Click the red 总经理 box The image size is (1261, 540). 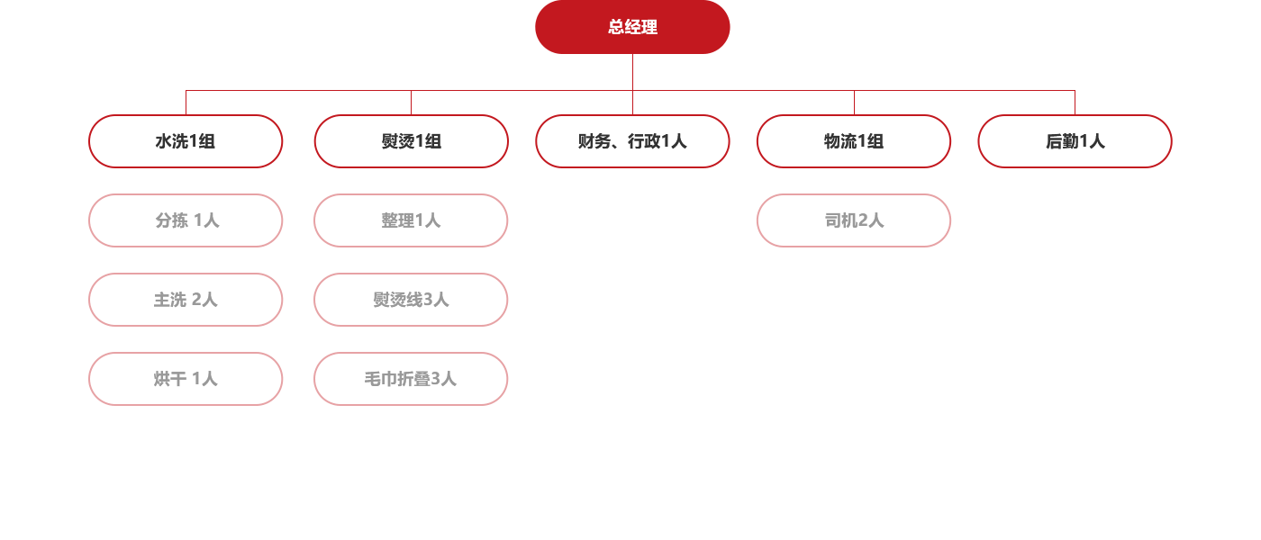click(x=632, y=27)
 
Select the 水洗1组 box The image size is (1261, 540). click(x=186, y=141)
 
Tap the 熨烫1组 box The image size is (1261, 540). click(x=411, y=141)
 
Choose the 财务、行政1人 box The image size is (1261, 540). click(x=632, y=141)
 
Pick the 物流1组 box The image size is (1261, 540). click(x=854, y=141)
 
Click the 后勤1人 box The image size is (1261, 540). click(x=1075, y=141)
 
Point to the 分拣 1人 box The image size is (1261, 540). click(x=186, y=220)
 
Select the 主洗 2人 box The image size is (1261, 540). click(x=186, y=300)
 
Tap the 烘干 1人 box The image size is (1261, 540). click(x=186, y=379)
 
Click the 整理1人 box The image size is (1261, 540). click(x=411, y=220)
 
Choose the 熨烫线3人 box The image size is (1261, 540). click(x=411, y=300)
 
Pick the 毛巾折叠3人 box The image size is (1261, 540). click(x=411, y=379)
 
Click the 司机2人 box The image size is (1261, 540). click(x=854, y=220)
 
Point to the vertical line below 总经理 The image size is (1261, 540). click(x=632, y=72)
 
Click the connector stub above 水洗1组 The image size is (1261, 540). click(x=186, y=103)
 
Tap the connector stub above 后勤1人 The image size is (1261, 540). click(x=1075, y=103)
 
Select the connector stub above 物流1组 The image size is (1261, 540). click(x=854, y=103)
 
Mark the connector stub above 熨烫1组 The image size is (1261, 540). click(x=411, y=103)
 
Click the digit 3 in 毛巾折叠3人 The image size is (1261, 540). click(x=437, y=380)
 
